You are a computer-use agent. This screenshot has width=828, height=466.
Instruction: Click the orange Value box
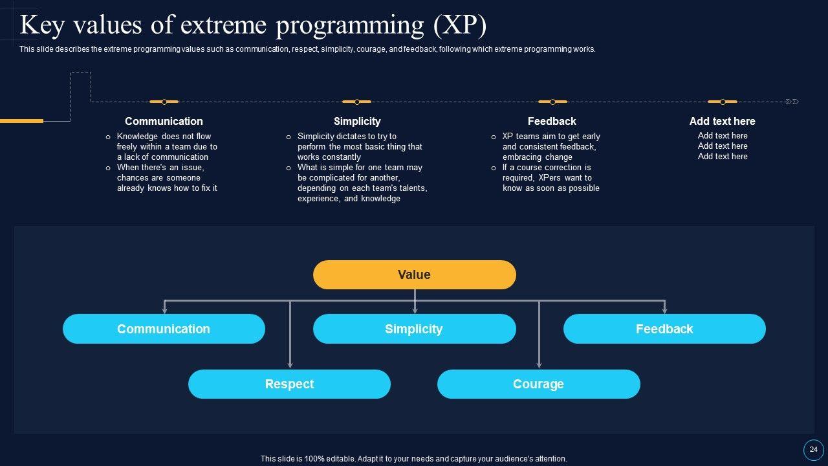[414, 274]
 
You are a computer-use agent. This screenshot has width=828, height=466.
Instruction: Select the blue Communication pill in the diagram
[164, 329]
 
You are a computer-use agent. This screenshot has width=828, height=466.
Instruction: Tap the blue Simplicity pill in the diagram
[414, 329]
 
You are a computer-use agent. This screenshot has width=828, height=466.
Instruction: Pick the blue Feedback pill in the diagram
[664, 329]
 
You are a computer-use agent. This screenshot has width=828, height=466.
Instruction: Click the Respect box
[289, 384]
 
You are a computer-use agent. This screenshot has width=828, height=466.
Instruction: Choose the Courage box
[538, 384]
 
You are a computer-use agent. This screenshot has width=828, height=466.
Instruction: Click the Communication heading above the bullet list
[164, 121]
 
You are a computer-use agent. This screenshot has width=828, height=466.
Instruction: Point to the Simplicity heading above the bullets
[357, 121]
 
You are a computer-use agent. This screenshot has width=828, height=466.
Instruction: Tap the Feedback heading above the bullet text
[552, 121]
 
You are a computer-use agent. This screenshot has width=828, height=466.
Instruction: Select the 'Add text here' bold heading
[722, 121]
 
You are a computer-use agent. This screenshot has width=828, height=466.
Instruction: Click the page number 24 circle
[814, 450]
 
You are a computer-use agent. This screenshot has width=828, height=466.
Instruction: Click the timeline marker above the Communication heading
[164, 102]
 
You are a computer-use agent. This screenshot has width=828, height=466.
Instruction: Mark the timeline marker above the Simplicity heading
[356, 102]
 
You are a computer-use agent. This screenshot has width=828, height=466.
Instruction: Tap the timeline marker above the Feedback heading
[552, 102]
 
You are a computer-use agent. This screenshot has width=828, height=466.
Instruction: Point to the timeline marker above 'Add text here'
[723, 102]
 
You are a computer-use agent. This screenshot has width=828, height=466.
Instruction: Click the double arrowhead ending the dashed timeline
[792, 102]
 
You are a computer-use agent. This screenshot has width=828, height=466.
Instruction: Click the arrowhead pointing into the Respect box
[290, 365]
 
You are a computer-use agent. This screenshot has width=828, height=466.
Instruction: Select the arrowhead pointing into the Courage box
[539, 365]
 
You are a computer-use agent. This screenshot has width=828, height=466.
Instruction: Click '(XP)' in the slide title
[460, 25]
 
